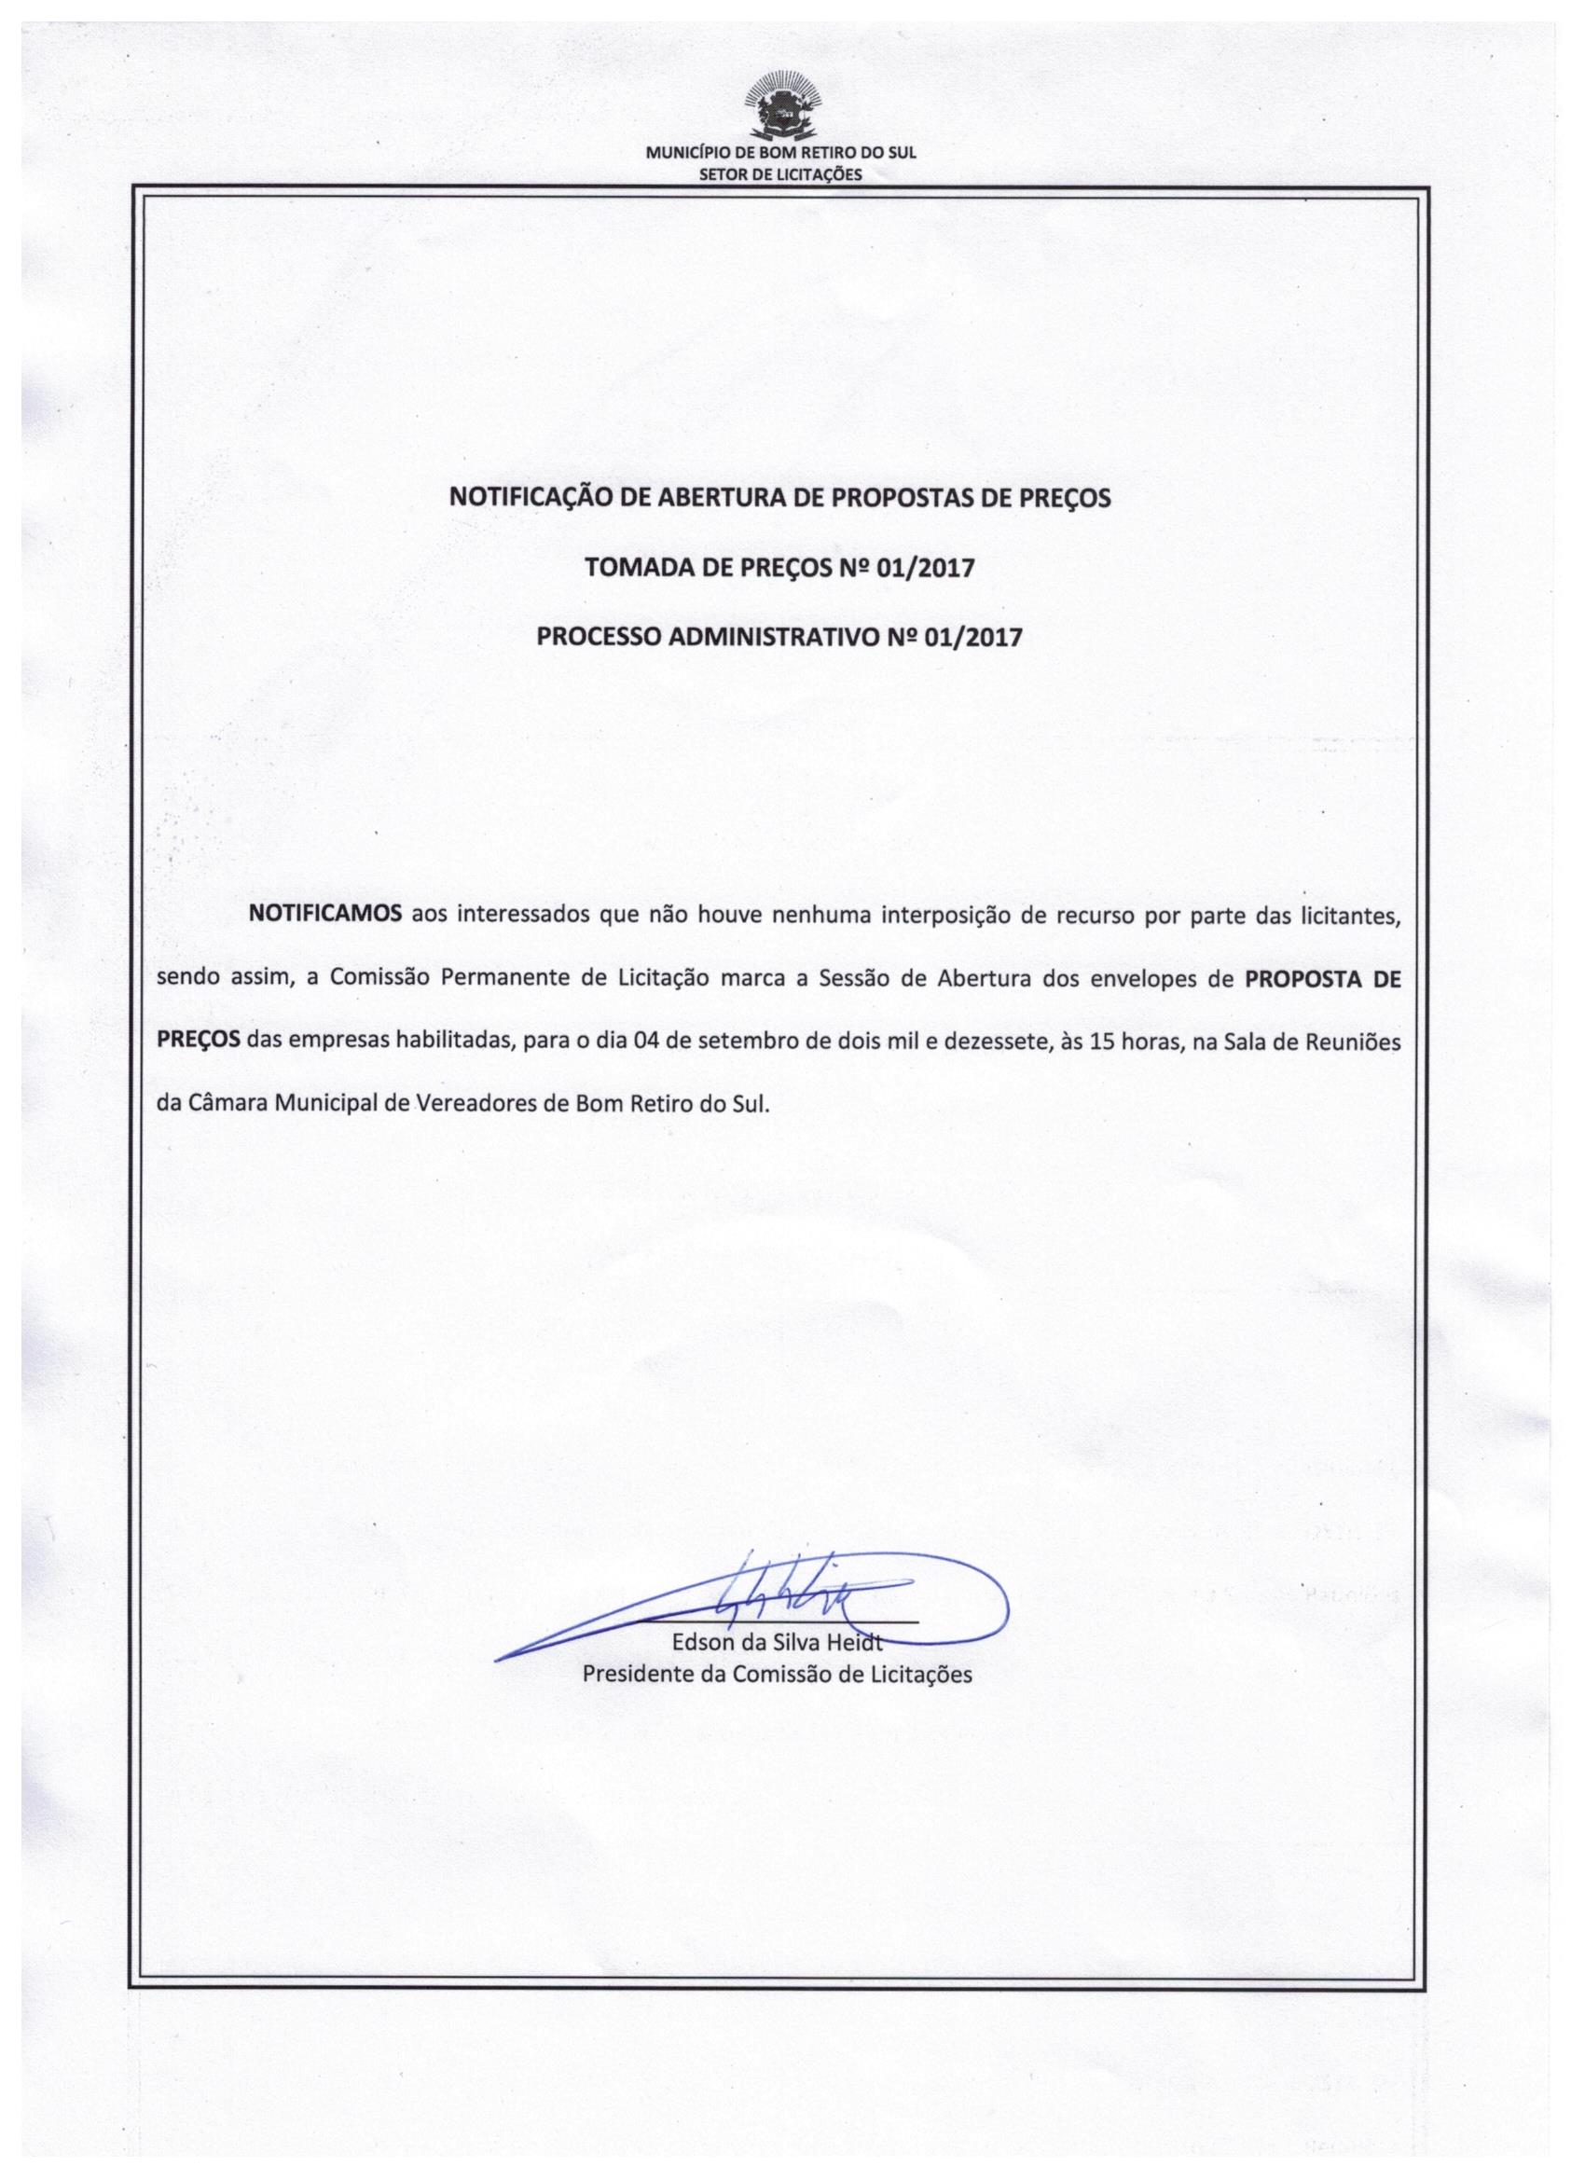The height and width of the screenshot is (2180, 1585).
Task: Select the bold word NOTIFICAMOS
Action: tap(324, 914)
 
